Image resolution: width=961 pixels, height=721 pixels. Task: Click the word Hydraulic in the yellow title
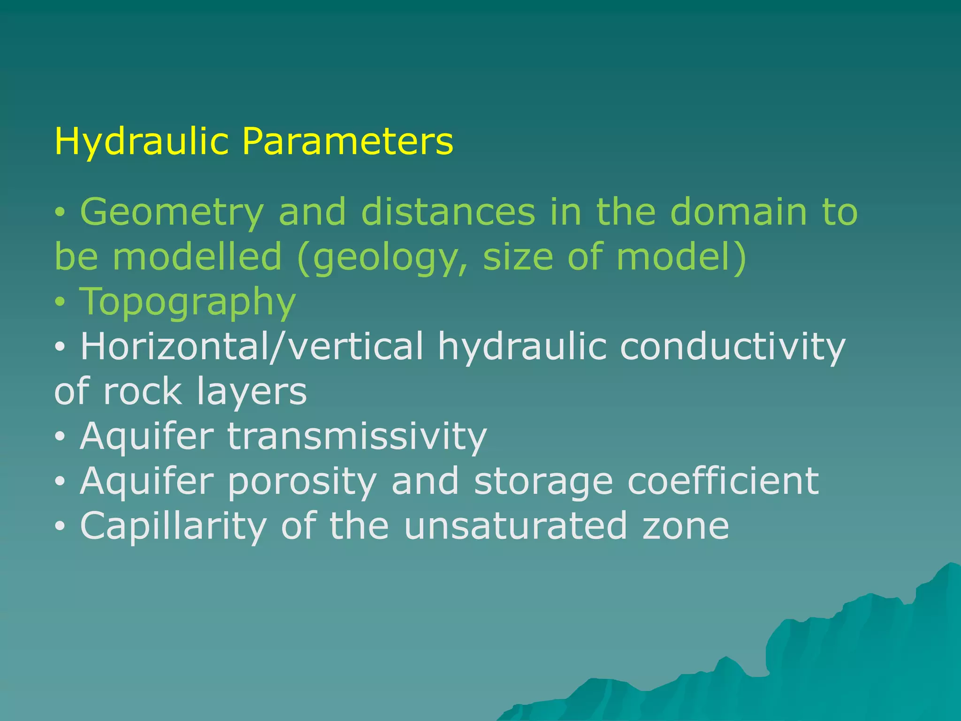click(x=141, y=141)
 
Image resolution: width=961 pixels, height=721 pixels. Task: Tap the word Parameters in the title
click(x=348, y=141)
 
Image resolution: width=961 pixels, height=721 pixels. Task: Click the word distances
click(x=448, y=212)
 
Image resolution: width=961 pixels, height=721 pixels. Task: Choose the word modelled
click(x=198, y=257)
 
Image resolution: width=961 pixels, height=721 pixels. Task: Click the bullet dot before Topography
click(x=60, y=303)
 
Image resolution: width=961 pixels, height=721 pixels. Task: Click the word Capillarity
click(x=173, y=526)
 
